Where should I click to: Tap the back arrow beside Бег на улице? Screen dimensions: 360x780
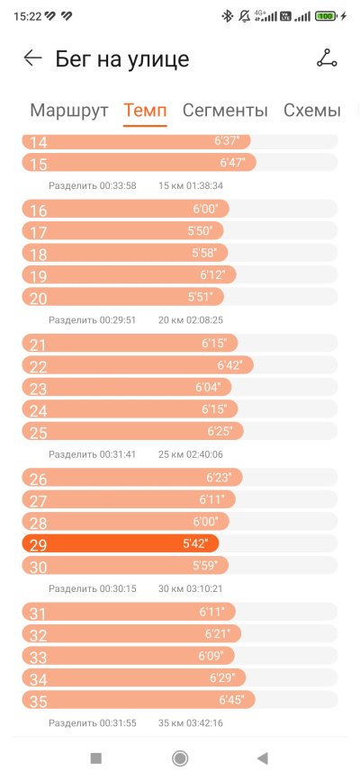(x=33, y=58)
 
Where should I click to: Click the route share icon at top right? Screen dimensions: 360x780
(x=327, y=58)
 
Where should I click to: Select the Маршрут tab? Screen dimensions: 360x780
(x=69, y=111)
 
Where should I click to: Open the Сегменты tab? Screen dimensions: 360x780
(x=225, y=111)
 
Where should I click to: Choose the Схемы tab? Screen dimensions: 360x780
(x=312, y=111)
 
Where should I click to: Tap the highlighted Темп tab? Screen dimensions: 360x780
(x=145, y=111)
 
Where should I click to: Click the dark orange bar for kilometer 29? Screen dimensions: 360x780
(x=121, y=543)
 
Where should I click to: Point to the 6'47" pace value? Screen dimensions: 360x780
(x=232, y=163)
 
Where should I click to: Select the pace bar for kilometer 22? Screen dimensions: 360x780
(x=138, y=365)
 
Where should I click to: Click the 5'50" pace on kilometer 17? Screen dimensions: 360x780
(x=200, y=230)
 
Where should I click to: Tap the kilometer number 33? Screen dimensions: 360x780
(x=39, y=657)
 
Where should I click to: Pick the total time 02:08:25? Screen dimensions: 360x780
(x=204, y=320)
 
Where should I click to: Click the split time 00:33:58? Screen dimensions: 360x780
(x=118, y=185)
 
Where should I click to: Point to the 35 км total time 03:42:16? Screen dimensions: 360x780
(x=204, y=722)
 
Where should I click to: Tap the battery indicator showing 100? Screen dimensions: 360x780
(x=326, y=16)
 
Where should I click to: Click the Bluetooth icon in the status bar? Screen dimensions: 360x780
(x=228, y=16)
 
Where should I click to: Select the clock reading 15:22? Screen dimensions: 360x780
(x=27, y=16)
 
